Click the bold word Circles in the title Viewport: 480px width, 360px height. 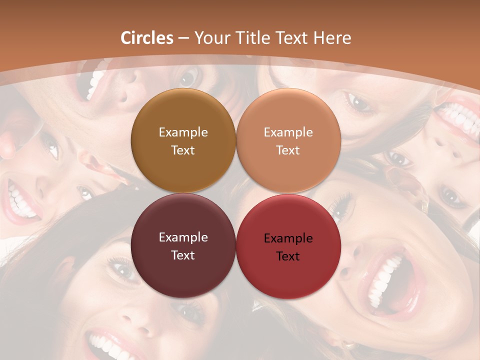pos(147,38)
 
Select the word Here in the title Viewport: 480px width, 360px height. pos(332,38)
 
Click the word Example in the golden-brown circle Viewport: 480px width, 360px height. pos(183,132)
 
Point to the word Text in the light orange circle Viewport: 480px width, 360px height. pos(288,150)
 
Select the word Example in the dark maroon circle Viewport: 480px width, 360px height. pos(183,237)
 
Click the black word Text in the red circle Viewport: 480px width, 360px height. pos(288,256)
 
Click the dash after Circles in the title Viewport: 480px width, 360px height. pos(184,38)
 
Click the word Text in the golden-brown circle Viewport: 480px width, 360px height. pos(183,150)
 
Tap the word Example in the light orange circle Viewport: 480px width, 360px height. pos(288,132)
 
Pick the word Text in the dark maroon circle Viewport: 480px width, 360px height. pos(183,255)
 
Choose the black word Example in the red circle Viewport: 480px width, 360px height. pos(288,238)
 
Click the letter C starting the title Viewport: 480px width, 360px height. pos(126,38)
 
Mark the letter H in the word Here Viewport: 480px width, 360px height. pos(319,38)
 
